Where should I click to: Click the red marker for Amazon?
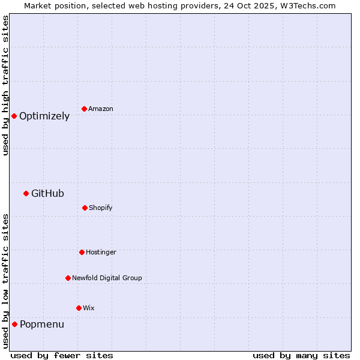tap(84, 109)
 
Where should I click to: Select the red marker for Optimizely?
tap(14, 116)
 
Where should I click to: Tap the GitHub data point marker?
tap(26, 193)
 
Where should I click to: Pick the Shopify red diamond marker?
tap(85, 208)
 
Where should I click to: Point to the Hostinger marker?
tap(82, 252)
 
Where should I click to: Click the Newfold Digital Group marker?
tap(68, 278)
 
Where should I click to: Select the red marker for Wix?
tap(79, 308)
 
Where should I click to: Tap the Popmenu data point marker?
tap(14, 324)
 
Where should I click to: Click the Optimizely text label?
tap(44, 116)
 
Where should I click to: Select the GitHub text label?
tap(47, 193)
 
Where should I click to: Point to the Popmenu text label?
tap(42, 325)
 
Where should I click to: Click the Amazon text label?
tap(101, 109)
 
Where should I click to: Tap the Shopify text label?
tap(101, 208)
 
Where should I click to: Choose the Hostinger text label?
tap(101, 252)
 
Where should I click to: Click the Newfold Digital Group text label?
tap(107, 278)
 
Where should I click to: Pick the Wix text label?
tap(89, 308)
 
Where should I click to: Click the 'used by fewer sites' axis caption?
tap(62, 355)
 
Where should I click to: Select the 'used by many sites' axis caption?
tap(301, 355)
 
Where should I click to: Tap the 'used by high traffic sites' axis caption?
tap(6, 85)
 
